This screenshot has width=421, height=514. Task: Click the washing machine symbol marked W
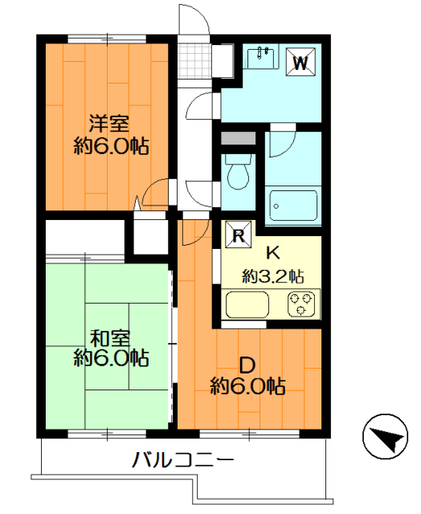coord(300,62)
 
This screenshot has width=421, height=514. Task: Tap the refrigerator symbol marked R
coord(239,235)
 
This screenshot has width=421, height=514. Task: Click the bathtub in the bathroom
coord(293,206)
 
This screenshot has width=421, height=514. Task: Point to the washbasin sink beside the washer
coord(260,58)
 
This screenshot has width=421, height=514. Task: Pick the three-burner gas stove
coord(301,304)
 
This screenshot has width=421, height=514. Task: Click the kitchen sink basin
coord(247,304)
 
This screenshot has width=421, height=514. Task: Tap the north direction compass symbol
coord(386,437)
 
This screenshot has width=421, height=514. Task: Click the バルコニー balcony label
coord(182,459)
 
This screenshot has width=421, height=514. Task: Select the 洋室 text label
coord(109,124)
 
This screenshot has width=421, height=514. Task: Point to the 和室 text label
coord(110,339)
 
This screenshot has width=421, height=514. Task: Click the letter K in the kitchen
coord(272,253)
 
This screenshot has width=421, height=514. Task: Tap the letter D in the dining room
coord(247,365)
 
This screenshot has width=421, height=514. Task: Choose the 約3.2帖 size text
coord(273,276)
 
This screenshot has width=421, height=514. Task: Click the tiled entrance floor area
coord(194,61)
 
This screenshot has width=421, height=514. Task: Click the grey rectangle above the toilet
coord(238,138)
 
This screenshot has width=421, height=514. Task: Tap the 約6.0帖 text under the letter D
coord(247,386)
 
